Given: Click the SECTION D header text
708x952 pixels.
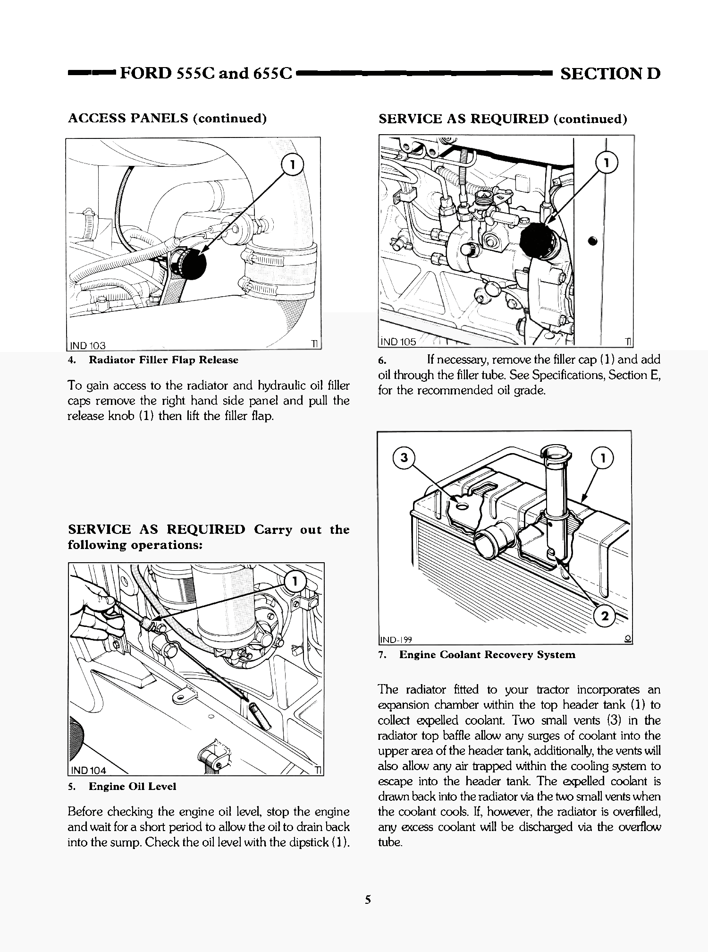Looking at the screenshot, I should (x=610, y=74).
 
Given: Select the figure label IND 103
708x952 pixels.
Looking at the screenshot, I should (x=88, y=345).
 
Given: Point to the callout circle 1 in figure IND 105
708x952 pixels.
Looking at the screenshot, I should (x=607, y=163).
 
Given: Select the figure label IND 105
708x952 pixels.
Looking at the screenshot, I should (x=398, y=342).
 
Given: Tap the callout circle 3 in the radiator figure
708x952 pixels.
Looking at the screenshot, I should (x=404, y=458).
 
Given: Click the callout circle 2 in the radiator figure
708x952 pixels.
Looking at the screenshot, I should (x=605, y=616).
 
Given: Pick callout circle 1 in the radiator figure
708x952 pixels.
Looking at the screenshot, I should (x=602, y=458).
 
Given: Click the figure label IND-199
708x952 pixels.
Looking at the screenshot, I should (x=396, y=640).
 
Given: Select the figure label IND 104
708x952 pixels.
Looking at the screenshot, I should (x=89, y=771).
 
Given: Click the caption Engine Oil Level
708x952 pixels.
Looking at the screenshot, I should (x=132, y=787).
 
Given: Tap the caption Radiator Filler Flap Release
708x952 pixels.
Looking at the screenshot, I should (x=163, y=360).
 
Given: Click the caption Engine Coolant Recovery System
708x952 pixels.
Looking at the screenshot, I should (x=487, y=655).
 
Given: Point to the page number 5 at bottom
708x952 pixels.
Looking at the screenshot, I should (x=368, y=900).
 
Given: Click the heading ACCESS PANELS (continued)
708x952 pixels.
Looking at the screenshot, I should (x=168, y=118).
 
